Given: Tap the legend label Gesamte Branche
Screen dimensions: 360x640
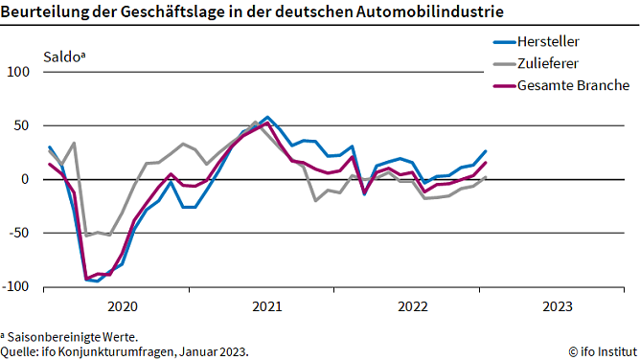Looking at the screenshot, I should [x=573, y=85].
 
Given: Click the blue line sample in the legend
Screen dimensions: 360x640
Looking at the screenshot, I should [x=503, y=42].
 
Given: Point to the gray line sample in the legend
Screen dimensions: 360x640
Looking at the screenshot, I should [x=503, y=64].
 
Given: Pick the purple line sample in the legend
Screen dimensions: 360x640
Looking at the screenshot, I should [x=503, y=85].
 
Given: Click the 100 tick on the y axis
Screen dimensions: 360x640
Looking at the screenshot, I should [x=19, y=72].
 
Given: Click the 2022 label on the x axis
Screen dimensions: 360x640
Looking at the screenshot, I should [x=412, y=306].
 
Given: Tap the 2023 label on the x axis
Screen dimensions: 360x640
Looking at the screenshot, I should [x=558, y=306].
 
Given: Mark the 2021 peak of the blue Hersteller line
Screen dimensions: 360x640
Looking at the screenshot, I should [x=267, y=118].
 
